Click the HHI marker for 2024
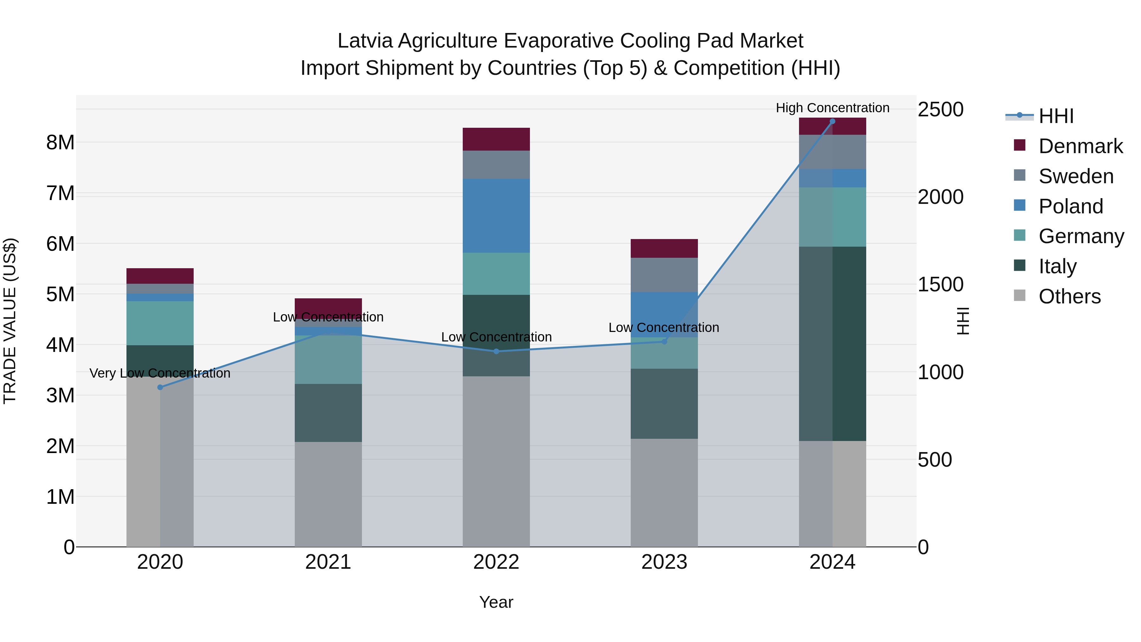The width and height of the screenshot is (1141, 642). click(x=832, y=121)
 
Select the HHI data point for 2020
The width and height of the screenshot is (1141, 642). click(x=160, y=387)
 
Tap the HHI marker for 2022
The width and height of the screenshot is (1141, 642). click(x=496, y=351)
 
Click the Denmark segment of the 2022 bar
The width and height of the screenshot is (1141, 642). click(x=496, y=139)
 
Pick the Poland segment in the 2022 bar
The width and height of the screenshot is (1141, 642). click(x=496, y=216)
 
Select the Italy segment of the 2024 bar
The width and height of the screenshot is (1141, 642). click(x=832, y=343)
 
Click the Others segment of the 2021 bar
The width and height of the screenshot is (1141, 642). click(x=328, y=494)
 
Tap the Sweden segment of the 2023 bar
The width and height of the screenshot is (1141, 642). click(x=664, y=275)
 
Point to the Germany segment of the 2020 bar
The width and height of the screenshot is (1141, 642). click(x=160, y=323)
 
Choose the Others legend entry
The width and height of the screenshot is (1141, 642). click(x=1069, y=296)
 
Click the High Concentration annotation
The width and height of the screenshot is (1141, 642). click(x=832, y=108)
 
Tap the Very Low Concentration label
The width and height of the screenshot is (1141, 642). click(x=160, y=373)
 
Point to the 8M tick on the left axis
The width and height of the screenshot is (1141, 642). click(x=60, y=143)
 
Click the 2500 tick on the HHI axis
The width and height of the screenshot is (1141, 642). click(x=940, y=109)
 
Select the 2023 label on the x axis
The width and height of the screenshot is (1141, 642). click(x=664, y=562)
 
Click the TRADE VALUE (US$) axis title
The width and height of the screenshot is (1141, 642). click(x=10, y=321)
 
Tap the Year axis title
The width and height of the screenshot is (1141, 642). click(x=496, y=602)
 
